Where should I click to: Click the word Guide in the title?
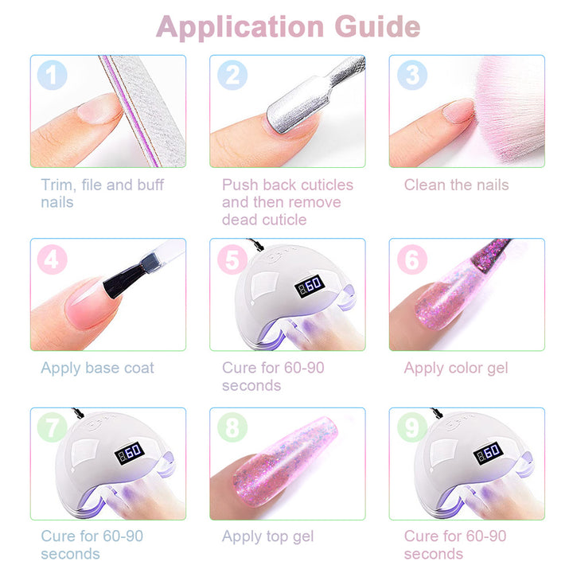coord(377,27)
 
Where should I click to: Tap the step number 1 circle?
coord(52,75)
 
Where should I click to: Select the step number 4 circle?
coord(52,259)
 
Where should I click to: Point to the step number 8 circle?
coord(232,427)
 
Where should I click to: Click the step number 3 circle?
coord(412,75)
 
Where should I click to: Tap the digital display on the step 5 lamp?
coord(310,286)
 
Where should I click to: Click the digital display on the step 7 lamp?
coord(130,453)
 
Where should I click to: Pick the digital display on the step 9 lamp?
coord(488,453)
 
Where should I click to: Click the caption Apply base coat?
coord(97,368)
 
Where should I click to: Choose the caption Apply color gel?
coord(456,368)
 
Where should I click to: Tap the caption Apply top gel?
coord(268,537)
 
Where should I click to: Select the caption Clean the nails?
coord(457,185)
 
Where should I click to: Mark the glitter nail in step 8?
coord(285,462)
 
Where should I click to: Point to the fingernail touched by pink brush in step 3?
coord(458,111)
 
